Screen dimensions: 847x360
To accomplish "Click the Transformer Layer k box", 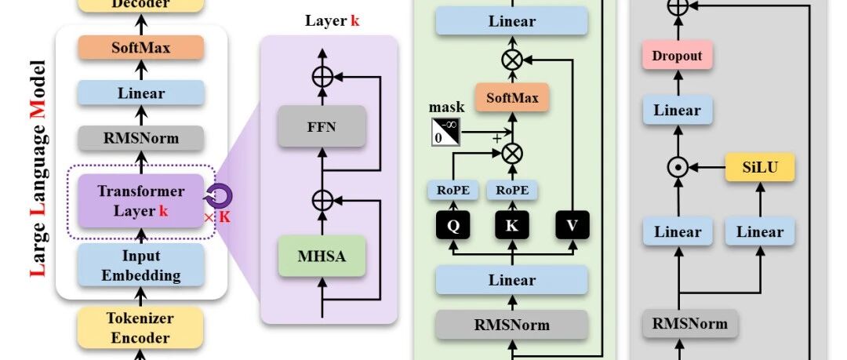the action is (141, 201).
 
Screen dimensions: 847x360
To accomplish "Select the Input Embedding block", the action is (141, 265).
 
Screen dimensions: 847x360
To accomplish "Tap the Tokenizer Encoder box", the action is (141, 328).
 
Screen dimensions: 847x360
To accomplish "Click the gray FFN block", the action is (322, 126).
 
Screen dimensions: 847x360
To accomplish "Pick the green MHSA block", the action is (322, 256).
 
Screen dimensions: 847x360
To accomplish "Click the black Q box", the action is (453, 225).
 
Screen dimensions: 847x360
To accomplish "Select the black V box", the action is (572, 225).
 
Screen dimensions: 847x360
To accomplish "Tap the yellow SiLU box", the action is (760, 167).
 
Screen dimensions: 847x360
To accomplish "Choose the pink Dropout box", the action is (678, 56).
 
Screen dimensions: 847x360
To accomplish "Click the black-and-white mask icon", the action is (446, 131).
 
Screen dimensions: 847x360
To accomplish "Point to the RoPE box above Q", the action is (453, 191).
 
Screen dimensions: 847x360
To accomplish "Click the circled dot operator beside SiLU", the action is (678, 168).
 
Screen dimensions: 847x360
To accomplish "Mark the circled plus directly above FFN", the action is (322, 78).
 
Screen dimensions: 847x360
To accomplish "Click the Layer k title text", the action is (333, 21).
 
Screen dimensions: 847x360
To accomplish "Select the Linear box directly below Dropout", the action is (678, 111).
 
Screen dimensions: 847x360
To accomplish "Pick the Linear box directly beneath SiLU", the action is (760, 232).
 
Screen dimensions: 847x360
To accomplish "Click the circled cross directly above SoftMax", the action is (511, 60).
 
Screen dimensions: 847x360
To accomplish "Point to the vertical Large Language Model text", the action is (38, 168).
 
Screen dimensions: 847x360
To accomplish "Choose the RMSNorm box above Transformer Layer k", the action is (141, 138).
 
